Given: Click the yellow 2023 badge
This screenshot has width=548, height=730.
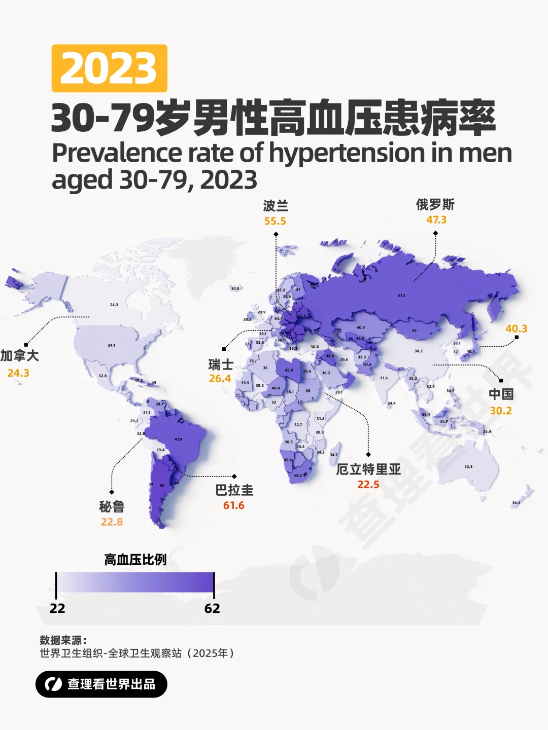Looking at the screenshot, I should (x=109, y=68).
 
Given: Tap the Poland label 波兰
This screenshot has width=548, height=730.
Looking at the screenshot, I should (x=276, y=206).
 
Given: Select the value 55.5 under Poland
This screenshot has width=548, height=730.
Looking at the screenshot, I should (x=275, y=221).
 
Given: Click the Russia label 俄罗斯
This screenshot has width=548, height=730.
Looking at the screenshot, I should (x=435, y=205).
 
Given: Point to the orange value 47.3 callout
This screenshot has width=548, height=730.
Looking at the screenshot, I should (x=436, y=220).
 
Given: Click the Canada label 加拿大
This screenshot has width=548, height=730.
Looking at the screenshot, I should (x=20, y=356).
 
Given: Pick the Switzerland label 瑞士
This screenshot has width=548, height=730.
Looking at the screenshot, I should (x=221, y=364).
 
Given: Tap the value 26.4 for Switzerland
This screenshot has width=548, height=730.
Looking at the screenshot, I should (x=220, y=379).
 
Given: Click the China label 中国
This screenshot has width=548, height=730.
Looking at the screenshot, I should (x=501, y=394).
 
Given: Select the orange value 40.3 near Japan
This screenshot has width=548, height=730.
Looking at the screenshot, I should (x=516, y=328).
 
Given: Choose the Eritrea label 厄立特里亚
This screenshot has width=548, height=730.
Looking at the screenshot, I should (x=368, y=469).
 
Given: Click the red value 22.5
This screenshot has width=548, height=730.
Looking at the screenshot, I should (x=368, y=485).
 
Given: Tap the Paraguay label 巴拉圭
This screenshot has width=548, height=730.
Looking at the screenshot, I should (x=234, y=490).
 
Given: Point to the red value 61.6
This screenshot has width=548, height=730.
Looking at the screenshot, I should (x=234, y=505).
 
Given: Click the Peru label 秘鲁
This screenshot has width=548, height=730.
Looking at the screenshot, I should (x=112, y=506).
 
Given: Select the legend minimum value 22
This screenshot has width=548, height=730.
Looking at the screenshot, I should (x=57, y=608).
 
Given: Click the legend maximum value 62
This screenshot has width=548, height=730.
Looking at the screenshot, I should (x=212, y=608).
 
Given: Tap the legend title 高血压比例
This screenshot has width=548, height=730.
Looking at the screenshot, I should (x=135, y=560).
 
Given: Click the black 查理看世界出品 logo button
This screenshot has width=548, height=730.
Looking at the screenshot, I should (x=101, y=684).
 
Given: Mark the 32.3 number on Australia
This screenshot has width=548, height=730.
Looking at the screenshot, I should (x=468, y=466).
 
